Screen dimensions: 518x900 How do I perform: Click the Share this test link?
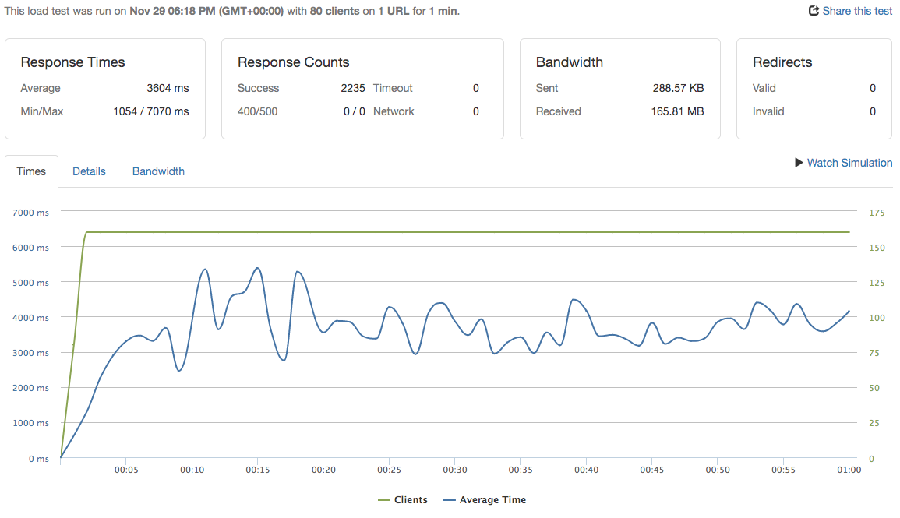point(851,11)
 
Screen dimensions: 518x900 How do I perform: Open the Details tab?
point(89,171)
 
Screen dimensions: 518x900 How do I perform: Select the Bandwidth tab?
point(158,171)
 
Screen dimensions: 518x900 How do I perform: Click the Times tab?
point(31,171)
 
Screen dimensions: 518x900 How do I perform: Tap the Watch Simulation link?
point(843,163)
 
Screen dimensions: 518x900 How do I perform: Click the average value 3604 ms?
point(168,88)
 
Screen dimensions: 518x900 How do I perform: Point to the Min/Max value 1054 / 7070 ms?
point(151,111)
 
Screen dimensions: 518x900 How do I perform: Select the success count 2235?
point(353,88)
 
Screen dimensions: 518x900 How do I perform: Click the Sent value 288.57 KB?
point(678,88)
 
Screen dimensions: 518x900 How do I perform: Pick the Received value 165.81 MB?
point(677,111)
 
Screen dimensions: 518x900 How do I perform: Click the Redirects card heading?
point(782,62)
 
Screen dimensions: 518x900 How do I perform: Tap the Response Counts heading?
point(294,62)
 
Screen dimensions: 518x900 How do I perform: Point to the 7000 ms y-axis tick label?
point(31,213)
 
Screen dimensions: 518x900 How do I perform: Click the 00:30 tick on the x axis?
point(455,470)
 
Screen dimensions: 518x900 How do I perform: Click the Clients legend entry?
point(403,500)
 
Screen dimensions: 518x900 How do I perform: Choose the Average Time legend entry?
point(485,500)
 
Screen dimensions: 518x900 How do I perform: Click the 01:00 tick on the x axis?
point(849,470)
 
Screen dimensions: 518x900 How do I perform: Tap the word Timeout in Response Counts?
point(393,88)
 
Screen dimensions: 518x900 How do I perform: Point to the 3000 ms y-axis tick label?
point(31,353)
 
